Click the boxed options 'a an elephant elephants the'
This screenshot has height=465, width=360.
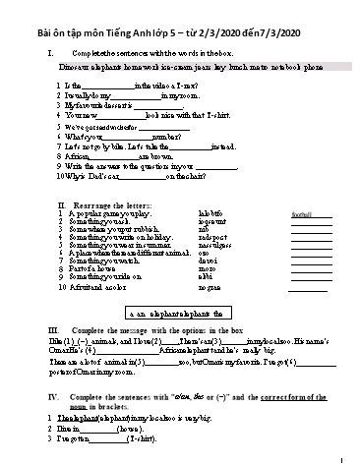click(184, 310)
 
